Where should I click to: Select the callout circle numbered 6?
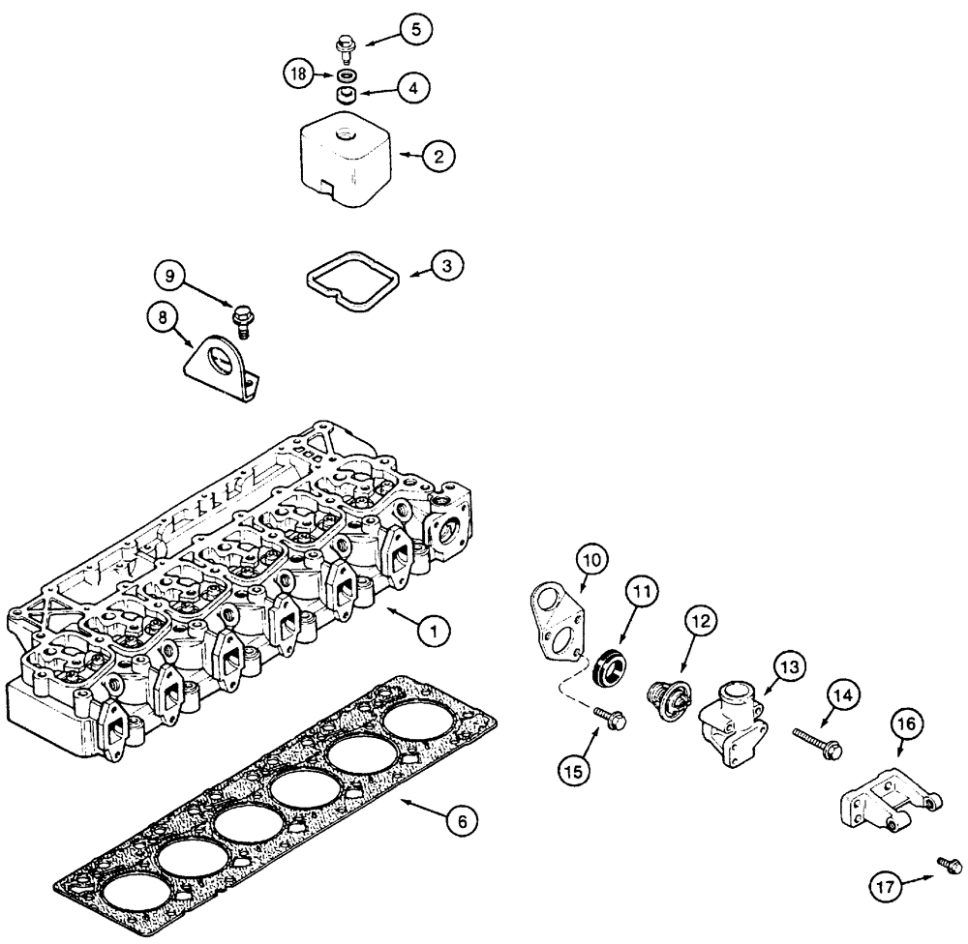[462, 821]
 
